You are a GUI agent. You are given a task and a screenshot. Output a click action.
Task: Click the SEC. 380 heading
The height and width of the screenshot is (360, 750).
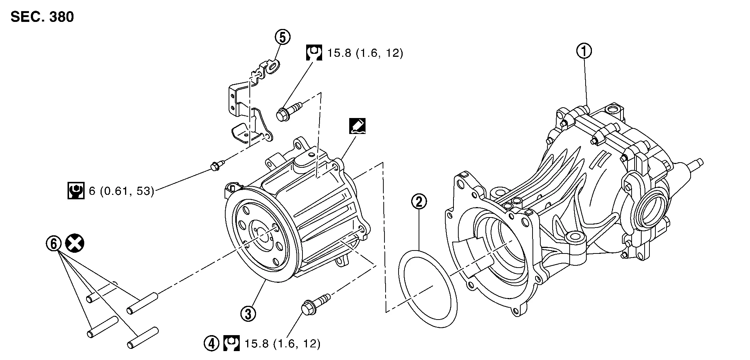coord(42,17)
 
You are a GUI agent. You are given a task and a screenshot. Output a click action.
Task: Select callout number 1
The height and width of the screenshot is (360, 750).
coord(584,52)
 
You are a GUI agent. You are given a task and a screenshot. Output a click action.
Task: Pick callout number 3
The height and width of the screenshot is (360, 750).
coord(248,314)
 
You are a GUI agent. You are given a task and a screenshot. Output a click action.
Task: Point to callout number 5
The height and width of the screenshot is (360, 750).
coord(282,37)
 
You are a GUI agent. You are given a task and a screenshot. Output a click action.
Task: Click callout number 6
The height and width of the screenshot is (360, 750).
coord(53,244)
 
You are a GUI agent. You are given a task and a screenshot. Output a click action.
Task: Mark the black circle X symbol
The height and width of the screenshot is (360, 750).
coord(74,244)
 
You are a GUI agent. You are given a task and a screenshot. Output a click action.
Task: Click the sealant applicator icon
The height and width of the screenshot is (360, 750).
coord(357,126)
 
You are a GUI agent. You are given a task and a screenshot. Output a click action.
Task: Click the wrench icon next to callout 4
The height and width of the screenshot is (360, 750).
coord(232,343)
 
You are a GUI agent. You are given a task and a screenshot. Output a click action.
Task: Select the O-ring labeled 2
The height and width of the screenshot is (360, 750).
coord(428,289)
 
